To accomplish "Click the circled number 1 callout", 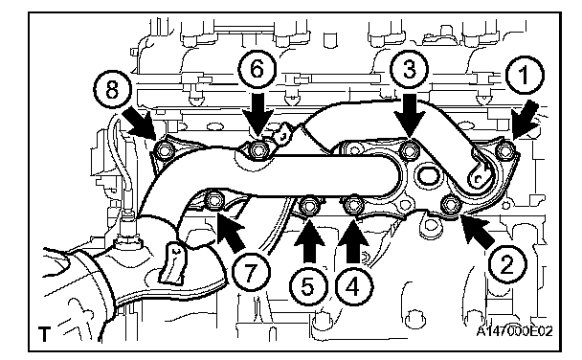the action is point(525,76).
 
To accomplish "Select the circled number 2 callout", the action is point(507,264).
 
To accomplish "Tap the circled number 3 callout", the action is point(410,70).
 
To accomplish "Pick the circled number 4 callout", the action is point(354,287).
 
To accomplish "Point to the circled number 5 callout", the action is point(308,287).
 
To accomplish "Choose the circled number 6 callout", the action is point(257,70).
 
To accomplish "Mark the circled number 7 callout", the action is point(251,273).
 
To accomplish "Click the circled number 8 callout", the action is point(112,89).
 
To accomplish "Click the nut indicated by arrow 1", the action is point(505,150).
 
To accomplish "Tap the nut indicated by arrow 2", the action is point(450,205).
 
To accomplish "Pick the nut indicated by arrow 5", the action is point(308,205).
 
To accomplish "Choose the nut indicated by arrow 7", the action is point(214,201).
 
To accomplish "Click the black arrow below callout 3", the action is point(410,115).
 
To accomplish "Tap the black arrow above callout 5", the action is point(308,242).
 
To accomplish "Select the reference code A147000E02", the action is point(514,330).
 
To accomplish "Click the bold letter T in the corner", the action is point(44,334).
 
